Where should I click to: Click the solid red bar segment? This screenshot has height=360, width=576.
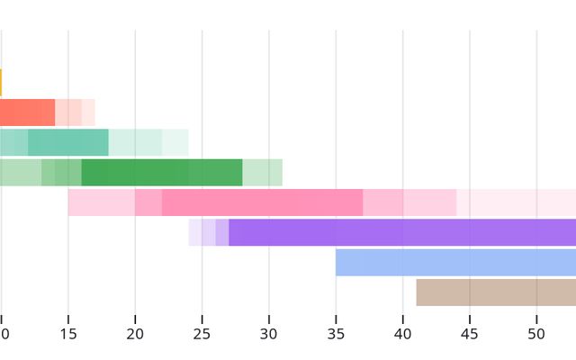point(27,112)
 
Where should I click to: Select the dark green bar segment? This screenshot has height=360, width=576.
point(161,173)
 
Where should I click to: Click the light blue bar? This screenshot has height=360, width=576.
point(455,263)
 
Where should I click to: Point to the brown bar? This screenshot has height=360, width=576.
point(495,292)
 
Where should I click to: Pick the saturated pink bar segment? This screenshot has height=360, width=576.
point(262,202)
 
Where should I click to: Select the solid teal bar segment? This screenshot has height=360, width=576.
point(67,142)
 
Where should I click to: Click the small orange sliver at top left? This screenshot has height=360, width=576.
point(1,83)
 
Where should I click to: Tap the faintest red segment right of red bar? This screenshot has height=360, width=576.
point(88,112)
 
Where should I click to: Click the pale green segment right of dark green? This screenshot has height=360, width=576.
point(262,173)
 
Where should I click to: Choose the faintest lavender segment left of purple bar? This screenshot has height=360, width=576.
point(194,232)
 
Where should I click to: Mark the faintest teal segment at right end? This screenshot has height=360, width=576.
point(175,142)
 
